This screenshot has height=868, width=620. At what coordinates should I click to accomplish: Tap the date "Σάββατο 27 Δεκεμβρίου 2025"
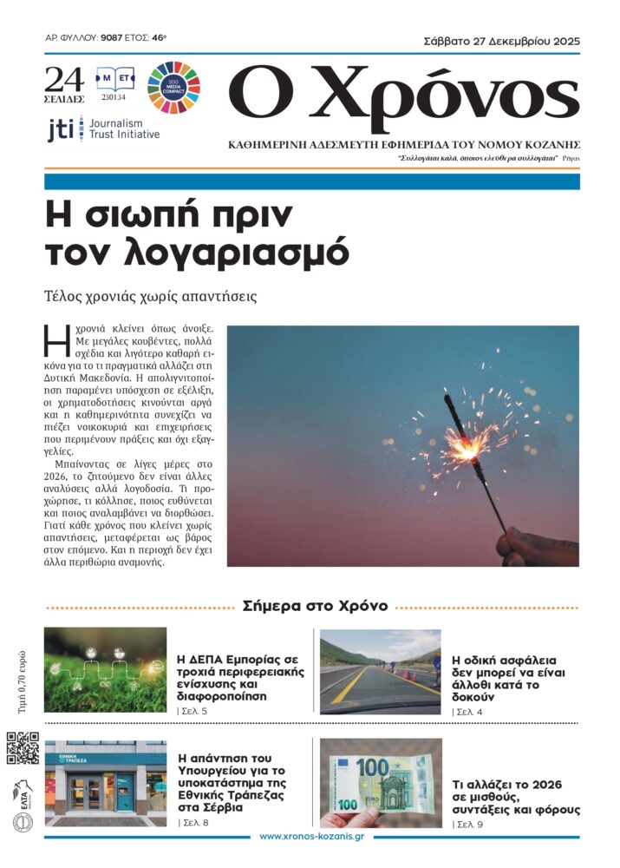tap(501, 40)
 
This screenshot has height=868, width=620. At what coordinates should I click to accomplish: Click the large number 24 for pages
tap(64, 81)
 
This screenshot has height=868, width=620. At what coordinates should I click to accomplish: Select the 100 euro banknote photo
tap(380, 781)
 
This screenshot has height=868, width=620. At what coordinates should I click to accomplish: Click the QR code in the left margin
tap(23, 747)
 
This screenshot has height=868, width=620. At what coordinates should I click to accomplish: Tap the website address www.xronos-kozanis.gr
tap(311, 837)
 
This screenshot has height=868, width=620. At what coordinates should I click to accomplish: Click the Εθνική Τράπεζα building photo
tap(105, 781)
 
